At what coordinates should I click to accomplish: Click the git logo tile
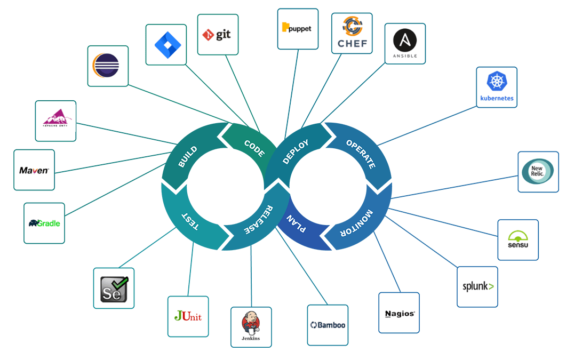218,35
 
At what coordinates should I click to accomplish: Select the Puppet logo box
298,29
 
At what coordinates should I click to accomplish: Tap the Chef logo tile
352,33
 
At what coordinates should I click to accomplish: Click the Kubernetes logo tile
497,87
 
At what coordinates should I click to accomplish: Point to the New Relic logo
538,172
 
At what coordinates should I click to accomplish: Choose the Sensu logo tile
518,240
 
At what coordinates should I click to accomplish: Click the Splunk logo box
477,287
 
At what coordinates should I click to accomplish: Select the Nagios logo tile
399,313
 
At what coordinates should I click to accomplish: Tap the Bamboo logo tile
328,325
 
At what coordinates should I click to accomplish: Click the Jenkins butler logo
251,327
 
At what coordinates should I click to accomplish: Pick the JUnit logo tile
188,316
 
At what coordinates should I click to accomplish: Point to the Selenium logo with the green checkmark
114,288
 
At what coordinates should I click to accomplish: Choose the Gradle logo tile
44,223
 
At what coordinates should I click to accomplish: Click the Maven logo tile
34,170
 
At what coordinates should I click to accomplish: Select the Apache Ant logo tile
55,121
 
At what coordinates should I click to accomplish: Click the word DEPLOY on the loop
296,152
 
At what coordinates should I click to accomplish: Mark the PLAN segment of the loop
296,223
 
